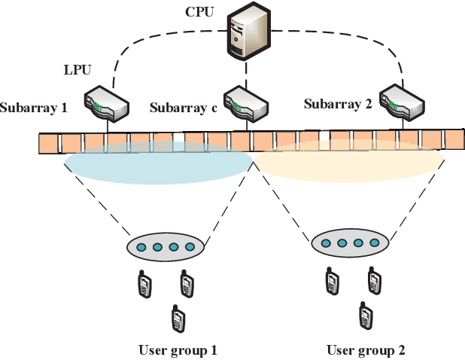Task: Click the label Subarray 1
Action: pyautogui.click(x=34, y=108)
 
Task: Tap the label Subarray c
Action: pyautogui.click(x=184, y=108)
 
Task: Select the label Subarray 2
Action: pyautogui.click(x=338, y=103)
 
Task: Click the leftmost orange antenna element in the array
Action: pyautogui.click(x=49, y=142)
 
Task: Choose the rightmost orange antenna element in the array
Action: pyautogui.click(x=454, y=139)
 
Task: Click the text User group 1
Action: pyautogui.click(x=178, y=349)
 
